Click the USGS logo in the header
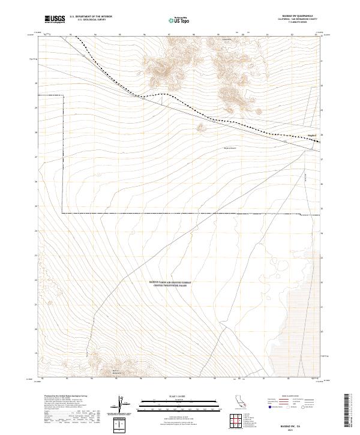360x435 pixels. (55, 19)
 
